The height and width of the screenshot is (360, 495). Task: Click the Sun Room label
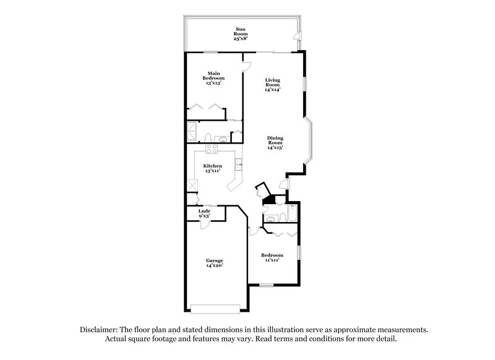tap(241, 33)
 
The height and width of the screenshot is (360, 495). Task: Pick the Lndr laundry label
tap(204, 213)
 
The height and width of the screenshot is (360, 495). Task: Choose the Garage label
tap(214, 262)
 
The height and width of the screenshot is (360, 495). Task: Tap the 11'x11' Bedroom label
tap(272, 257)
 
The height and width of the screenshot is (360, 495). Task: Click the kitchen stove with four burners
tap(210, 148)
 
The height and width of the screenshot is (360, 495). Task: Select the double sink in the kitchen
tap(238, 164)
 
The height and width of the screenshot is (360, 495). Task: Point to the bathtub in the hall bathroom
tap(291, 214)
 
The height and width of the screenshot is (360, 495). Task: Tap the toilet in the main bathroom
tap(209, 137)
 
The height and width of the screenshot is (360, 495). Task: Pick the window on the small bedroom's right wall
tap(299, 252)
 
